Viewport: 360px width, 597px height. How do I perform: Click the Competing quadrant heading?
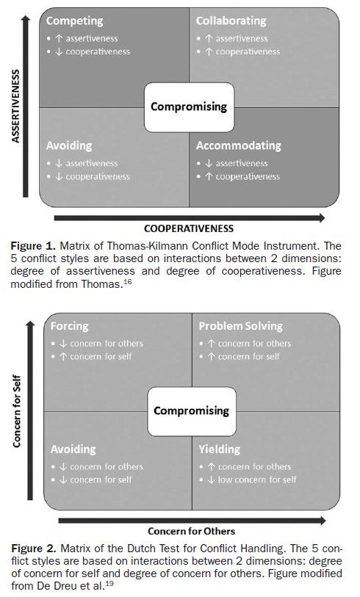point(74,21)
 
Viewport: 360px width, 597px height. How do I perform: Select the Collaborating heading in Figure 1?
point(231,21)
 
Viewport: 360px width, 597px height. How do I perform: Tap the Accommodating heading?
point(238,145)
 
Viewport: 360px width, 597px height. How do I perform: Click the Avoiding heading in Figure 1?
point(70,145)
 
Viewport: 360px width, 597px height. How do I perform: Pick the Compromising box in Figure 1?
point(189,106)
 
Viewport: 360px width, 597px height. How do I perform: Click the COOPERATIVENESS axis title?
point(189,228)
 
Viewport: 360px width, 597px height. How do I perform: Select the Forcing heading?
point(70,326)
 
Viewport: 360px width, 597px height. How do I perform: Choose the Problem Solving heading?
point(240,326)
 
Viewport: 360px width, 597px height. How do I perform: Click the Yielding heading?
point(218,449)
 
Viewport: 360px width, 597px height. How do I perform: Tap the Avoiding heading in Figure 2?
point(73,449)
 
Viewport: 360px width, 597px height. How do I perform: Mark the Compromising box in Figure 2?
point(191,410)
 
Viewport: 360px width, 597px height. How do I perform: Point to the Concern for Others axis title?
point(191,531)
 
